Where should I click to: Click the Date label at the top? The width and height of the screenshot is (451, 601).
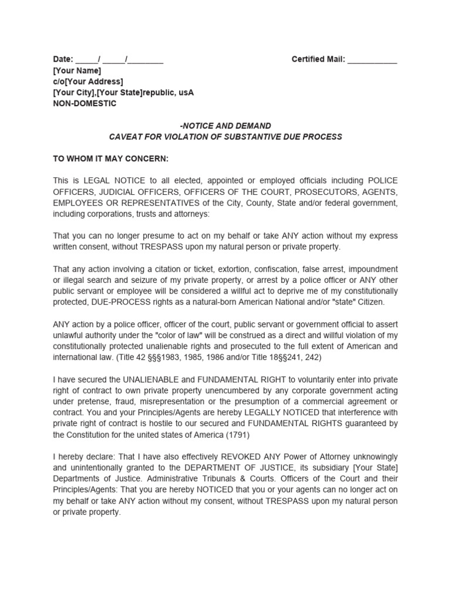click(63, 59)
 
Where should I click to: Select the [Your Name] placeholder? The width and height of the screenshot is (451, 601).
click(77, 70)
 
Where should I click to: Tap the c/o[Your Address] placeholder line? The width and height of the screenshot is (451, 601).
click(88, 82)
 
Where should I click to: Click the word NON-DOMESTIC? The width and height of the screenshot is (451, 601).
click(85, 104)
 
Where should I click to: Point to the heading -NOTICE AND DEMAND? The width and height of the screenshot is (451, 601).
click(225, 126)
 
